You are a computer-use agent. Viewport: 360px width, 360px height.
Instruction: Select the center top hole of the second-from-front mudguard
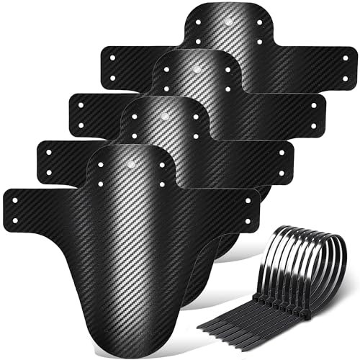point(165,116)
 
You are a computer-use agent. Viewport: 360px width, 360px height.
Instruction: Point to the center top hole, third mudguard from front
point(197,71)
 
